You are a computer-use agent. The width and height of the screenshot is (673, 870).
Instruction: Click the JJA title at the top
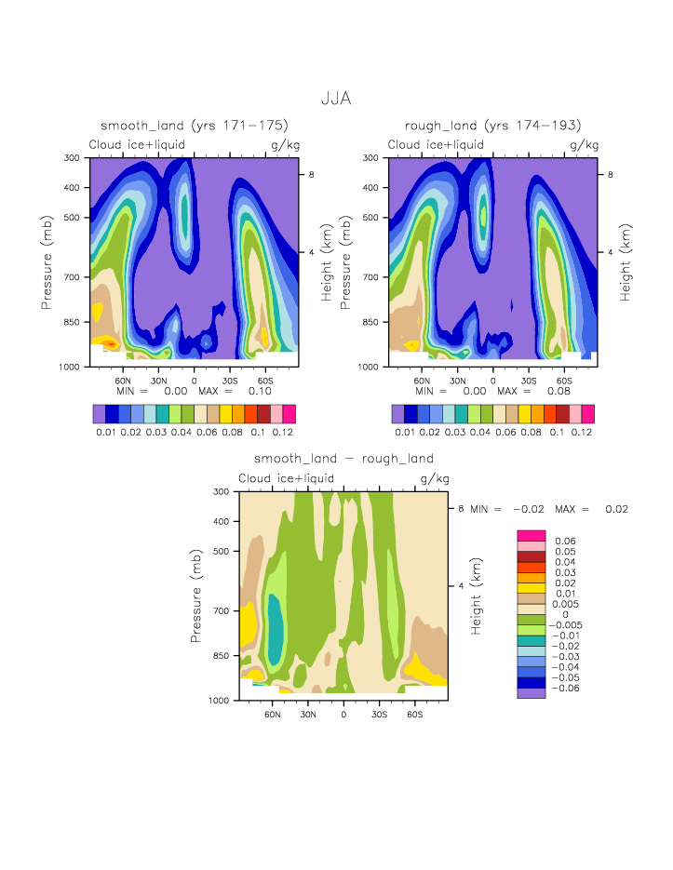[336, 98]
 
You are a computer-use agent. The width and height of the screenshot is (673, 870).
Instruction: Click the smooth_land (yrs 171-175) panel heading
[194, 126]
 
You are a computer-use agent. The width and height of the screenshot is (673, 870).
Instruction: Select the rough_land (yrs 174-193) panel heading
[492, 126]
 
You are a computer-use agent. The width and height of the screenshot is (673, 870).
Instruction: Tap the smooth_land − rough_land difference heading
[343, 459]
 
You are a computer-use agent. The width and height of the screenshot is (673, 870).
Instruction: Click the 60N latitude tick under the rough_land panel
[422, 381]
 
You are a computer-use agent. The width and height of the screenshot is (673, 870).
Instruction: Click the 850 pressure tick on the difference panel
[222, 656]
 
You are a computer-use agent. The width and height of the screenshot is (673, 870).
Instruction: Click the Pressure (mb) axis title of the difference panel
[196, 596]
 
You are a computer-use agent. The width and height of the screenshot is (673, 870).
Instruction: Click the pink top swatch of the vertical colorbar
[531, 535]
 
